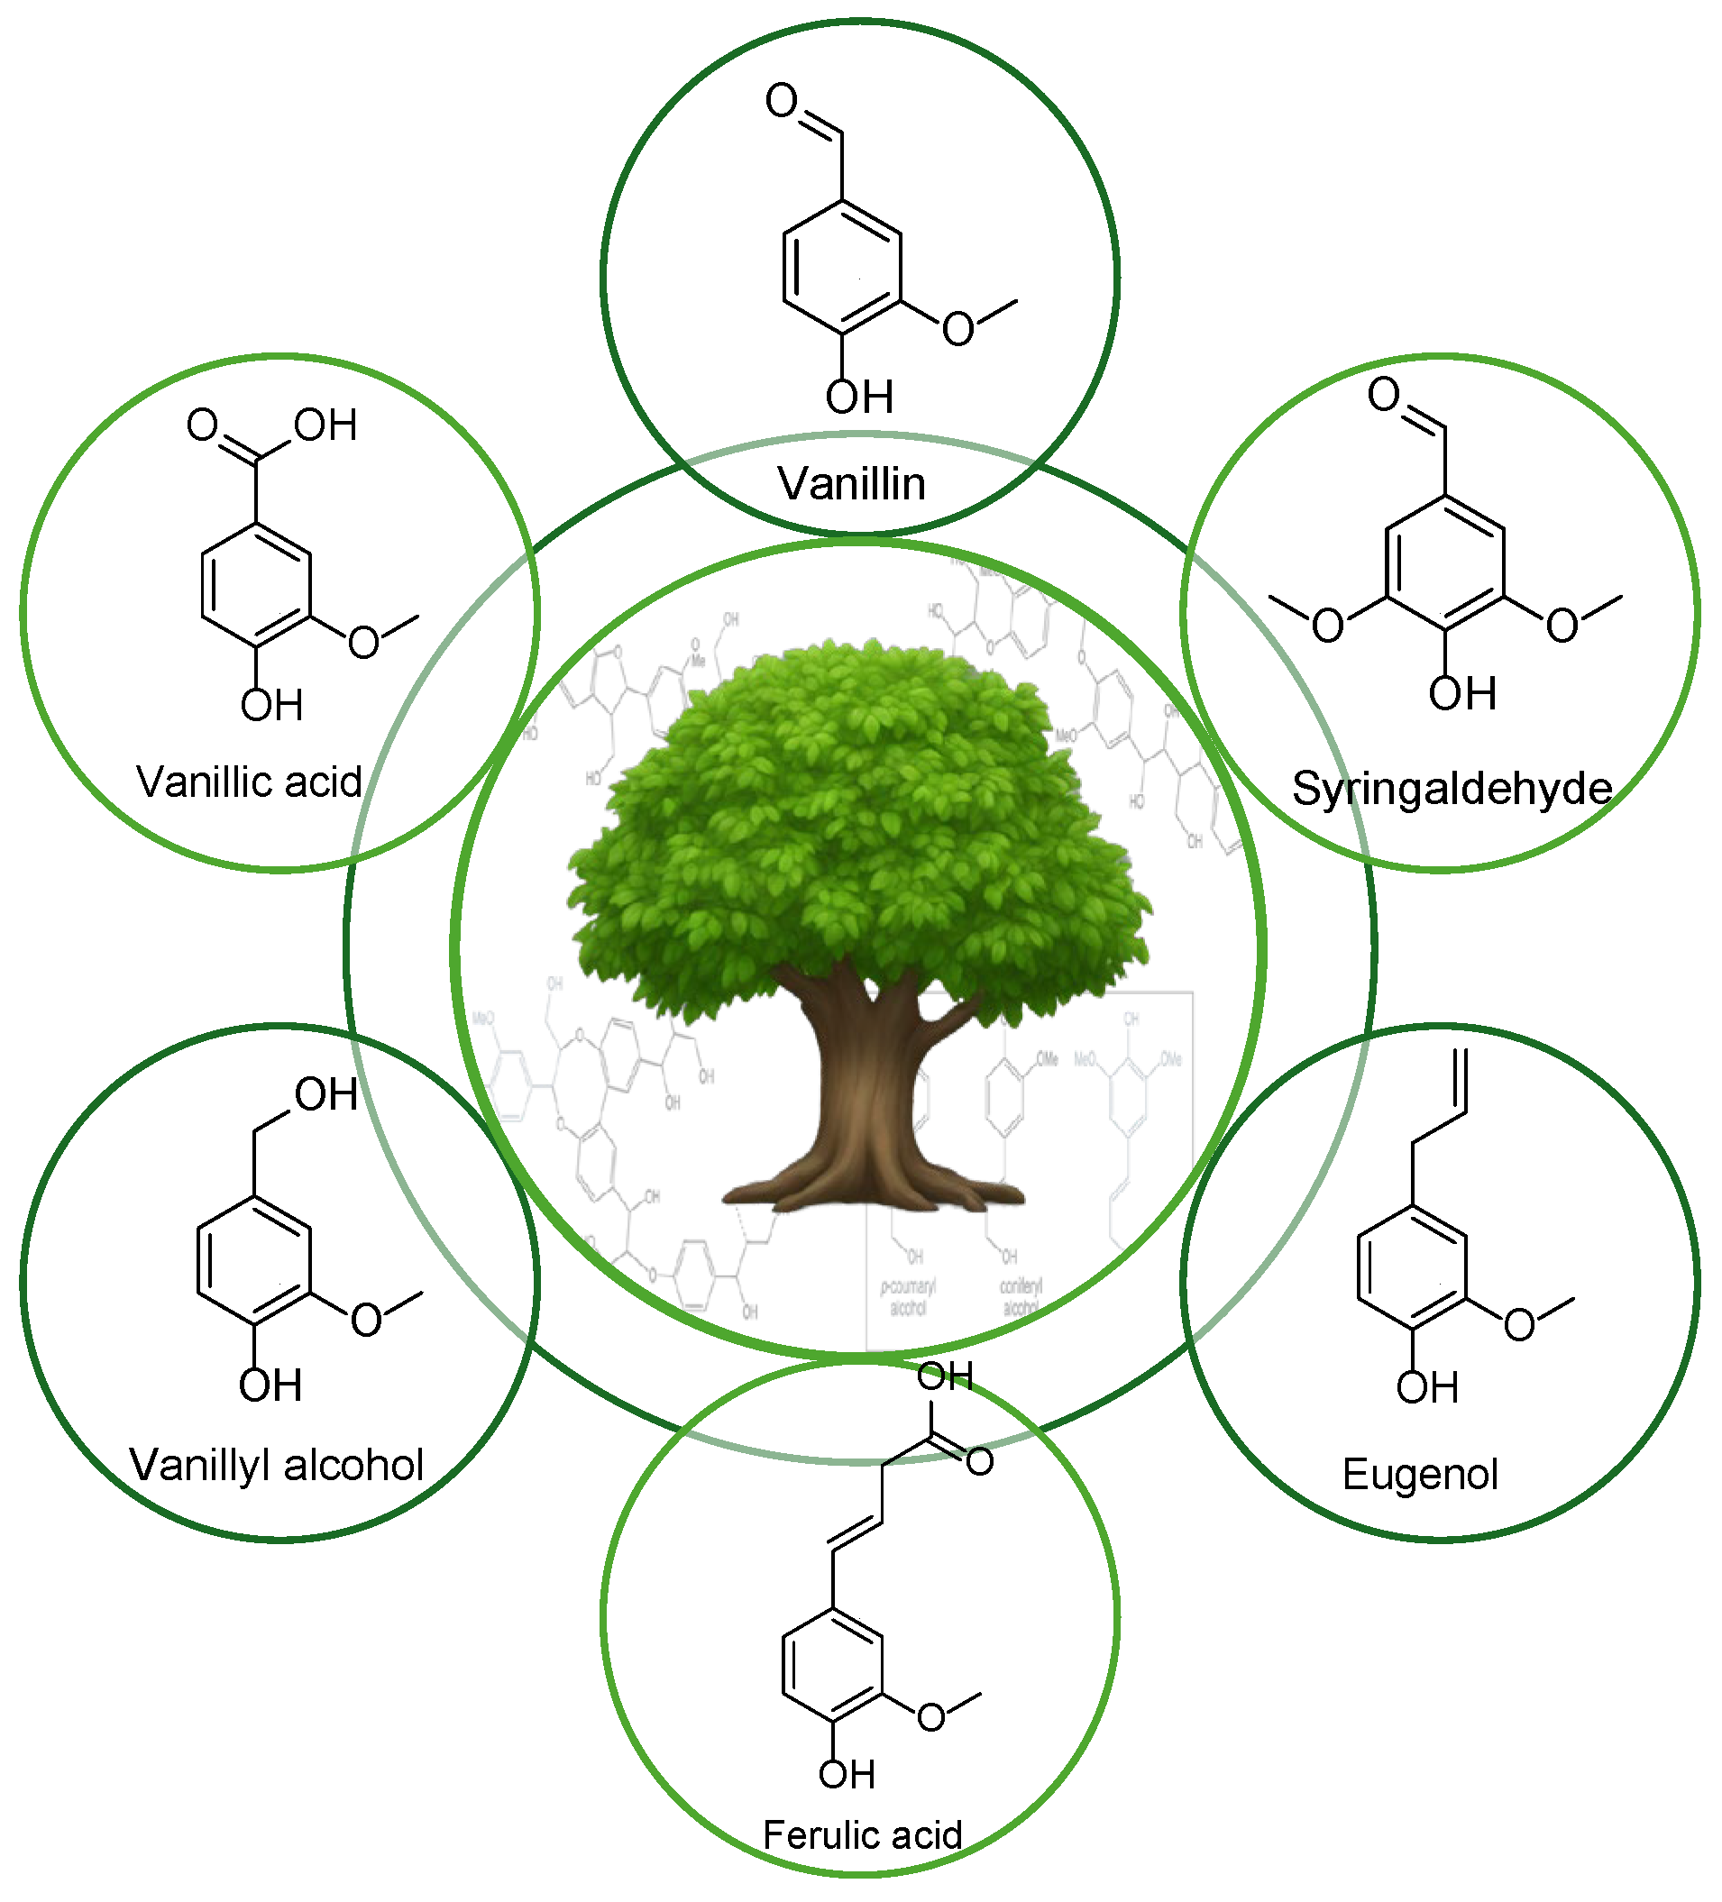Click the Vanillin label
point(851,484)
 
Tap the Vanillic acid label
point(249,782)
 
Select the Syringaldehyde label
point(1452,788)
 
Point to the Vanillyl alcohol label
point(277,1465)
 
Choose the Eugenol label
point(1420,1474)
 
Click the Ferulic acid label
point(862,1835)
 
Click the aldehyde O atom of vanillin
point(782,100)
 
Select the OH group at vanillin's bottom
point(858,398)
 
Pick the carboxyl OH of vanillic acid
point(325,425)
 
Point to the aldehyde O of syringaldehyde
point(1384,394)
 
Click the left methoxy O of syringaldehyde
point(1328,626)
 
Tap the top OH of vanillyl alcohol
point(325,1095)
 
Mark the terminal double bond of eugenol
point(1461,1080)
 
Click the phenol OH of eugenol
point(1427,1388)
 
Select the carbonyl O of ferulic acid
point(979,1461)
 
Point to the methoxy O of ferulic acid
point(931,1717)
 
